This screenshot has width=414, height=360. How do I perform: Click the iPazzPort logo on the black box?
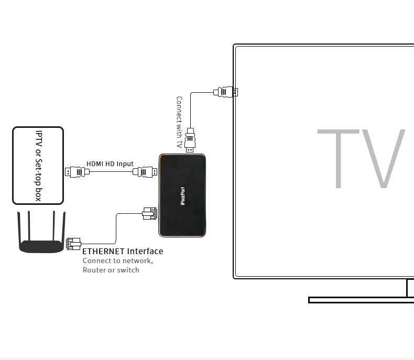click(183, 196)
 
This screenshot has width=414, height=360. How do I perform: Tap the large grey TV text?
click(361, 159)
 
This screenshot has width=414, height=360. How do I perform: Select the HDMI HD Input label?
click(110, 164)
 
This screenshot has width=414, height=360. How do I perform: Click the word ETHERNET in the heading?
click(103, 251)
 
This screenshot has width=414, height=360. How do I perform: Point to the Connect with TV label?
click(179, 122)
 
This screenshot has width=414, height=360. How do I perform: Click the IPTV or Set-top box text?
click(39, 166)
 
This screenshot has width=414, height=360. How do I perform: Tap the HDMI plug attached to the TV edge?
click(226, 92)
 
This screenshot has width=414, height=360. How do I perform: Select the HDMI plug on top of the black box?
click(190, 140)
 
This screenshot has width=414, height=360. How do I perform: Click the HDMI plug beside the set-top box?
click(78, 172)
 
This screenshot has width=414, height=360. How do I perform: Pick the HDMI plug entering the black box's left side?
click(145, 172)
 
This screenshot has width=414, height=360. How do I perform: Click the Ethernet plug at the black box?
click(150, 213)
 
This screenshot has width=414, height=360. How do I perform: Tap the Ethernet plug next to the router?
click(74, 244)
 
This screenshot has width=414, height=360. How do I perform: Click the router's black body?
click(41, 247)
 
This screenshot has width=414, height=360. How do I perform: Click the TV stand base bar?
click(361, 300)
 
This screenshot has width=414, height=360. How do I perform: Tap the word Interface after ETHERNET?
click(145, 251)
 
